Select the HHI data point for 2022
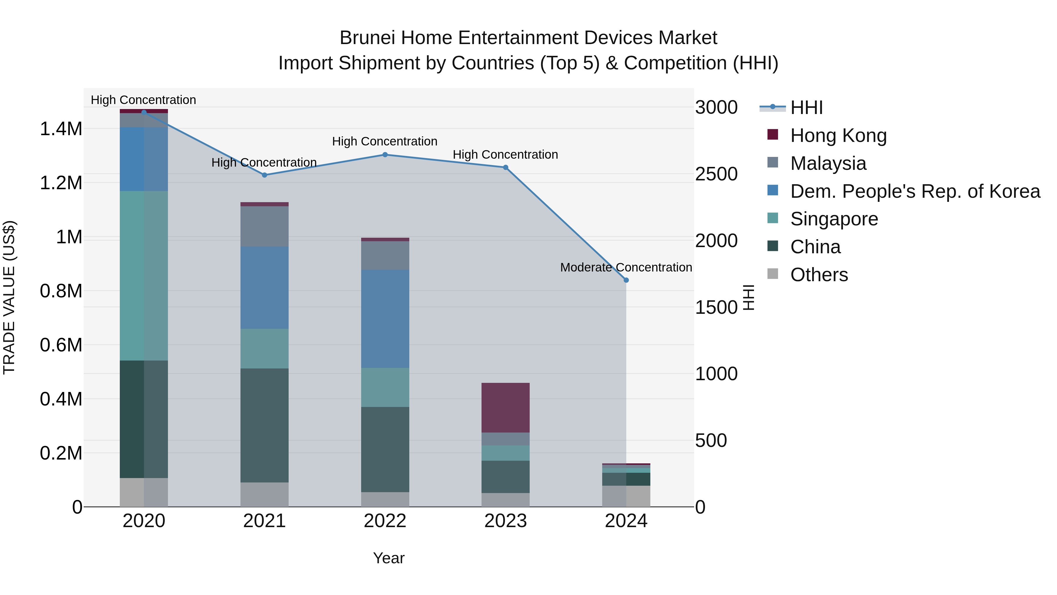385,155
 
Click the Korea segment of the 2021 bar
264,287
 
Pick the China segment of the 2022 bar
385,449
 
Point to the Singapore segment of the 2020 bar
144,276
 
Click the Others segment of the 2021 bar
264,495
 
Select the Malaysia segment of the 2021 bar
264,226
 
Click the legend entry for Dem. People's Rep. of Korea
915,191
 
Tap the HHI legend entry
806,108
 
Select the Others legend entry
819,275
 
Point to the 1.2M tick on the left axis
61,183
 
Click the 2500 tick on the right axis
716,174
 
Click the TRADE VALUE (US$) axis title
9,297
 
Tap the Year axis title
388,558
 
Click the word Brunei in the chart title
367,38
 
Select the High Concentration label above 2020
143,100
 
